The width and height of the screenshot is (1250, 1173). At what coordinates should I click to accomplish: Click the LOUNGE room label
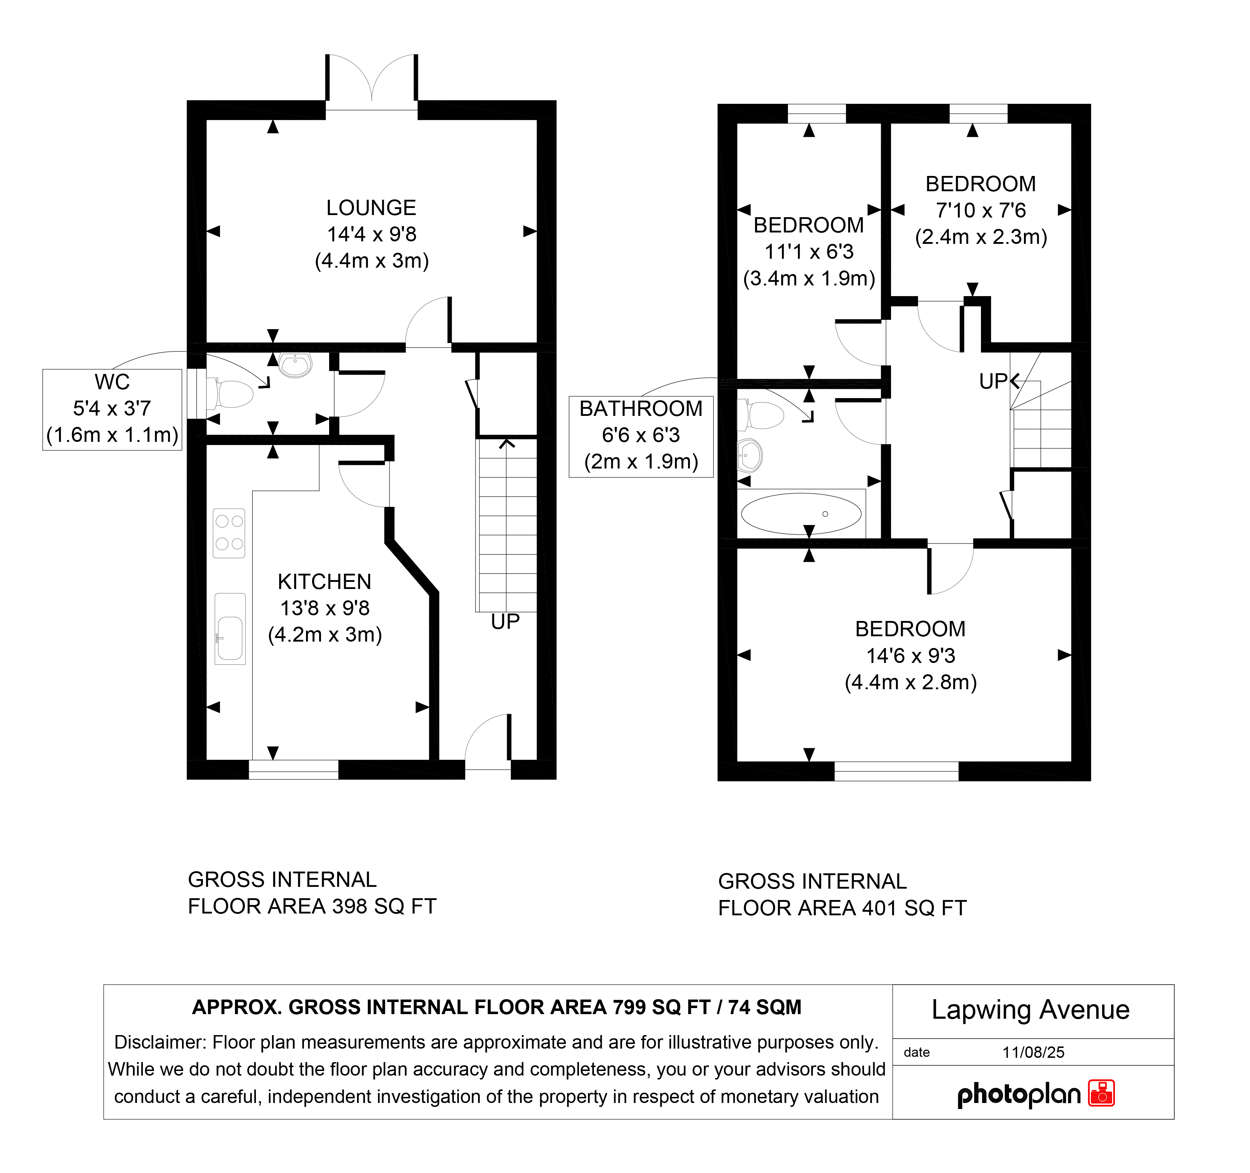371,208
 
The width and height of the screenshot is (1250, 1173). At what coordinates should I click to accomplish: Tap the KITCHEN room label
324,582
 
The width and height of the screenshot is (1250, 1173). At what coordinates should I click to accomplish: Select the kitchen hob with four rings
229,533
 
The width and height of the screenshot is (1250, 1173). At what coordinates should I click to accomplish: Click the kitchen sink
230,629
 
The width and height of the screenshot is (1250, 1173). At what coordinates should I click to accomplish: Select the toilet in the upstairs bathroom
761,415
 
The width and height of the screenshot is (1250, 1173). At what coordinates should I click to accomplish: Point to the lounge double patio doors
372,82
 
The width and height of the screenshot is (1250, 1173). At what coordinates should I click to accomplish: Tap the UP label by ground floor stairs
505,622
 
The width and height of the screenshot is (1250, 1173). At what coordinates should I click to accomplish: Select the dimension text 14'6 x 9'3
911,656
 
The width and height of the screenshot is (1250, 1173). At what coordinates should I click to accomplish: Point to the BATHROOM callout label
641,409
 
